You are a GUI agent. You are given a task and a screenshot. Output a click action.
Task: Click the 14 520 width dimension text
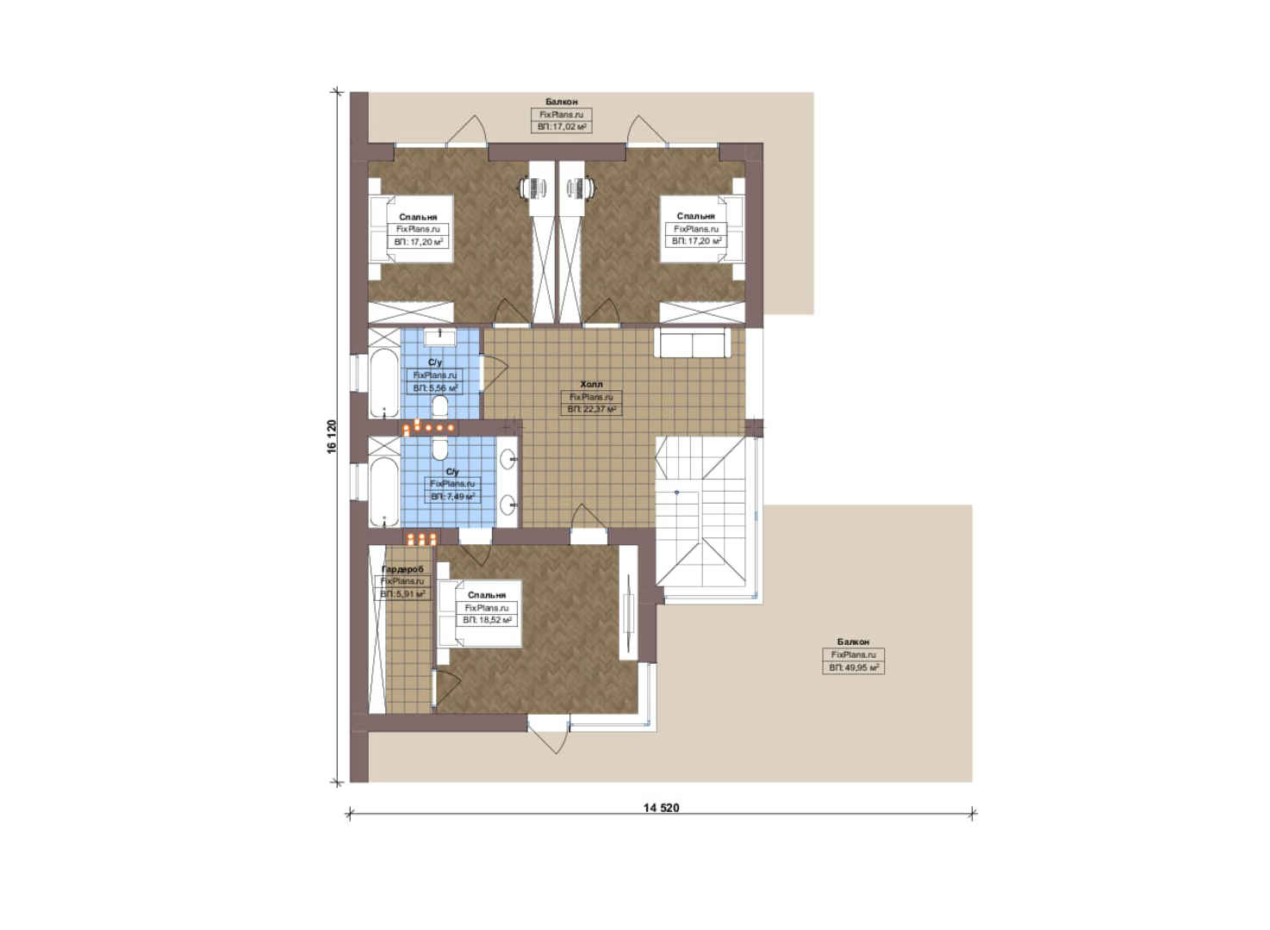click(661, 808)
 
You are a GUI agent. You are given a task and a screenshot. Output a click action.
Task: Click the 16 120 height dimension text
click(332, 436)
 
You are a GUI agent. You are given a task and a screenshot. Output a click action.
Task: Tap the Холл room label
click(591, 384)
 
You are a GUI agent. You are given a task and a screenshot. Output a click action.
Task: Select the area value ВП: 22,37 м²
click(591, 409)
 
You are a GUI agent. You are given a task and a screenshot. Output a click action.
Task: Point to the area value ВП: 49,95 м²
click(853, 668)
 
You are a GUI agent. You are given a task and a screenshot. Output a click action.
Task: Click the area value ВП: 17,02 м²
click(561, 127)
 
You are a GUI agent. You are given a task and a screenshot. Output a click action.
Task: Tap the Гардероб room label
click(402, 569)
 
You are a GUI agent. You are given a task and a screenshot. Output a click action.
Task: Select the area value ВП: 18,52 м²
click(487, 621)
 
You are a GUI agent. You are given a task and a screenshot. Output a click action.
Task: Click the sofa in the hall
click(692, 344)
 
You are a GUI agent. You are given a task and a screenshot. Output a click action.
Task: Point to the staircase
click(706, 518)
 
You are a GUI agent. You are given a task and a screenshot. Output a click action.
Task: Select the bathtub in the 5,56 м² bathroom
click(383, 383)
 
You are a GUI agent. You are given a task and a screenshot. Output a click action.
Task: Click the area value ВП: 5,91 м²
click(402, 594)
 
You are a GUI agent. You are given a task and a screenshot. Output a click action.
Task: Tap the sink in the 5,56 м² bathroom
click(440, 337)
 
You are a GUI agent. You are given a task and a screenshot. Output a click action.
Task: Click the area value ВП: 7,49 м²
click(452, 497)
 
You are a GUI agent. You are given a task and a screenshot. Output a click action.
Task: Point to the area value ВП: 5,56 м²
click(435, 388)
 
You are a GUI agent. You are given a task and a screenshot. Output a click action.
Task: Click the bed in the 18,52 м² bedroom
click(479, 614)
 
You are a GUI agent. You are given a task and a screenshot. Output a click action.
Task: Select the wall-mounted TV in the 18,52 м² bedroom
click(629, 611)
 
